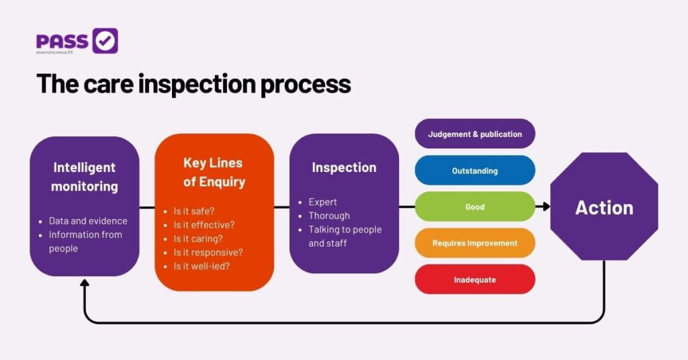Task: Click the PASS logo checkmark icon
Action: click(105, 41)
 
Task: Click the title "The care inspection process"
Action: click(193, 84)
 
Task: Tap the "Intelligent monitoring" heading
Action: click(85, 177)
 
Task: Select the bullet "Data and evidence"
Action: click(87, 220)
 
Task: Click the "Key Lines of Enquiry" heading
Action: click(214, 172)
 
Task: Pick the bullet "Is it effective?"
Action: click(204, 224)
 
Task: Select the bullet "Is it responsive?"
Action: click(208, 252)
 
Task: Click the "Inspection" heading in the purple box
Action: click(344, 167)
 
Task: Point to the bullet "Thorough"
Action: click(329, 216)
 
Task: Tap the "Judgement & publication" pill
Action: click(475, 134)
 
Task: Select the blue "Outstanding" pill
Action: click(475, 171)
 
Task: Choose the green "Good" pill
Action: click(475, 207)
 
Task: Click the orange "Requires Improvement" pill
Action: click(475, 243)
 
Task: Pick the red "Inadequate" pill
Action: click(475, 279)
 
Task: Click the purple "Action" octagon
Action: click(604, 207)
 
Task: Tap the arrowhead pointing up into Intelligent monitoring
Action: click(85, 283)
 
